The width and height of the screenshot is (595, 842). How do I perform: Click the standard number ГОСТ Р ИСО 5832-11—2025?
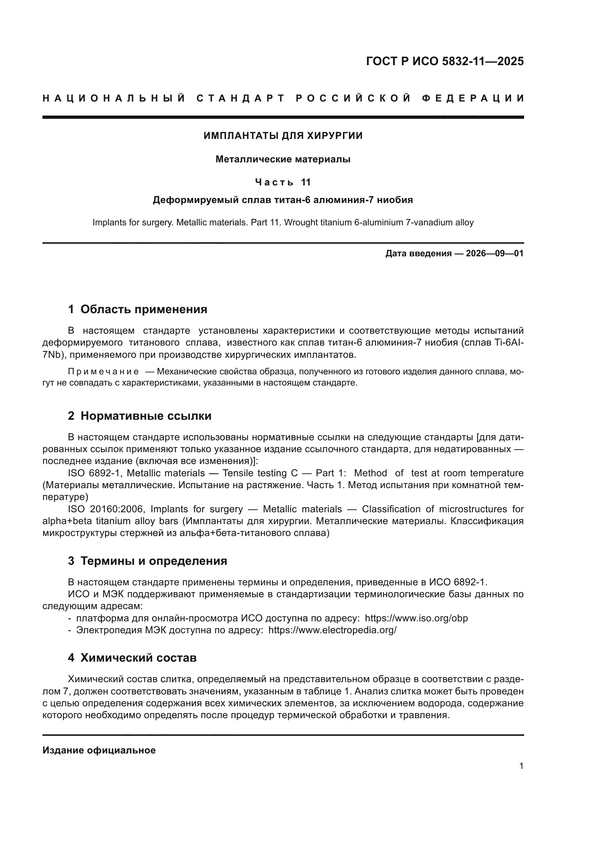(444, 62)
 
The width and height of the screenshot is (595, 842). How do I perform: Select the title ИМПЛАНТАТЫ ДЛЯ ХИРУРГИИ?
(283, 136)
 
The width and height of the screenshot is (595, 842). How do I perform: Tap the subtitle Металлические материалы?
(283, 159)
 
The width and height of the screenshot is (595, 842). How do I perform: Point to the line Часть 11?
(283, 182)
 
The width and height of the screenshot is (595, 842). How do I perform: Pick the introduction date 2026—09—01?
(495, 253)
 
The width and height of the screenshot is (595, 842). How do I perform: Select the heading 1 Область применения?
(137, 310)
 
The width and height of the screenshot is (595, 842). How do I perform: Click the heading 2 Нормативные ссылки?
(140, 416)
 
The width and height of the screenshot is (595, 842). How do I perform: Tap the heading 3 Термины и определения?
(147, 561)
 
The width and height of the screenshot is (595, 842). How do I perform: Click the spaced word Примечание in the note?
(103, 372)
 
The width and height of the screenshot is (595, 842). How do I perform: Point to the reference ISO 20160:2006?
(106, 509)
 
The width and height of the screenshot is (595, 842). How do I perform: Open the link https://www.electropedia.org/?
(332, 630)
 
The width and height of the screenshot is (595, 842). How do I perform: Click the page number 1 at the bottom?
(521, 766)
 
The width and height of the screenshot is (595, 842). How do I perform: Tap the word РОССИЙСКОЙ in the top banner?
(353, 98)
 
